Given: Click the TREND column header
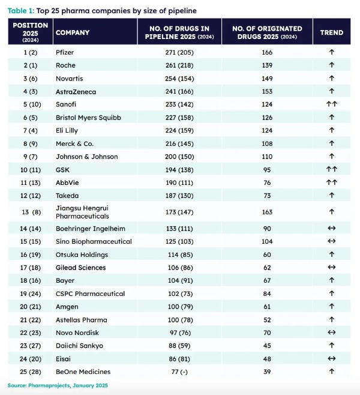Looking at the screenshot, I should (x=331, y=32).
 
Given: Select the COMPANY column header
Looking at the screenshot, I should (x=73, y=32).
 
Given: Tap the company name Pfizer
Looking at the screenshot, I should (x=64, y=52).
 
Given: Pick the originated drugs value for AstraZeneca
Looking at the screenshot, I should (x=266, y=91).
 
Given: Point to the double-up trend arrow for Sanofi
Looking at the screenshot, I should (x=331, y=104).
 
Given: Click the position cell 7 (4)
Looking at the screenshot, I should (x=29, y=130).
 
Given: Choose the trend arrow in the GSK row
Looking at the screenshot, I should (x=331, y=169).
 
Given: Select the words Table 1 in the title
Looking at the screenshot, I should (x=20, y=11).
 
